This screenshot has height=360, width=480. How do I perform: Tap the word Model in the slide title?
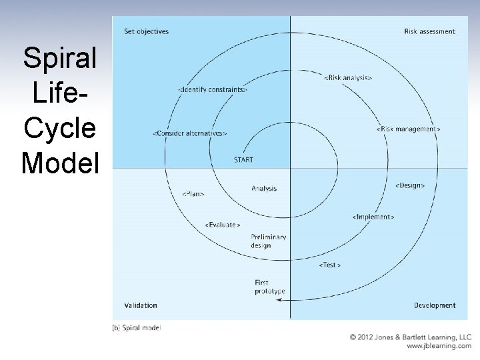(59, 162)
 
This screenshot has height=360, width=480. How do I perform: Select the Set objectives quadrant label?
(147, 31)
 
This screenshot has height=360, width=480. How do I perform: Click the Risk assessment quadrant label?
(430, 31)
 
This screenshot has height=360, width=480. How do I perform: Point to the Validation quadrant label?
(141, 305)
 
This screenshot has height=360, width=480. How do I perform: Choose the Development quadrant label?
(435, 305)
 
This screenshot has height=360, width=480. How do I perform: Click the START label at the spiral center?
(243, 160)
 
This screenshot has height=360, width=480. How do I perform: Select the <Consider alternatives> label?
(191, 133)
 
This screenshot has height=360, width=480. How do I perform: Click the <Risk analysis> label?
(348, 78)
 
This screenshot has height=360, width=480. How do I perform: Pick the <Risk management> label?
(409, 129)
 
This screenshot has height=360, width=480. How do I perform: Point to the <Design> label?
(410, 185)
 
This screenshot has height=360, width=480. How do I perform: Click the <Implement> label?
(373, 217)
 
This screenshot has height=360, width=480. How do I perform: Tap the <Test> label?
(330, 265)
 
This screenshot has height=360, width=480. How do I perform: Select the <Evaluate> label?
(223, 225)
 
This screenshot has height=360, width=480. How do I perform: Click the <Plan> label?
(193, 194)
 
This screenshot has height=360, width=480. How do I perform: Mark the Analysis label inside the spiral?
(265, 188)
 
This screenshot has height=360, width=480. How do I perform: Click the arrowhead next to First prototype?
(279, 301)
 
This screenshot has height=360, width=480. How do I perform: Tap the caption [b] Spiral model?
(137, 327)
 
